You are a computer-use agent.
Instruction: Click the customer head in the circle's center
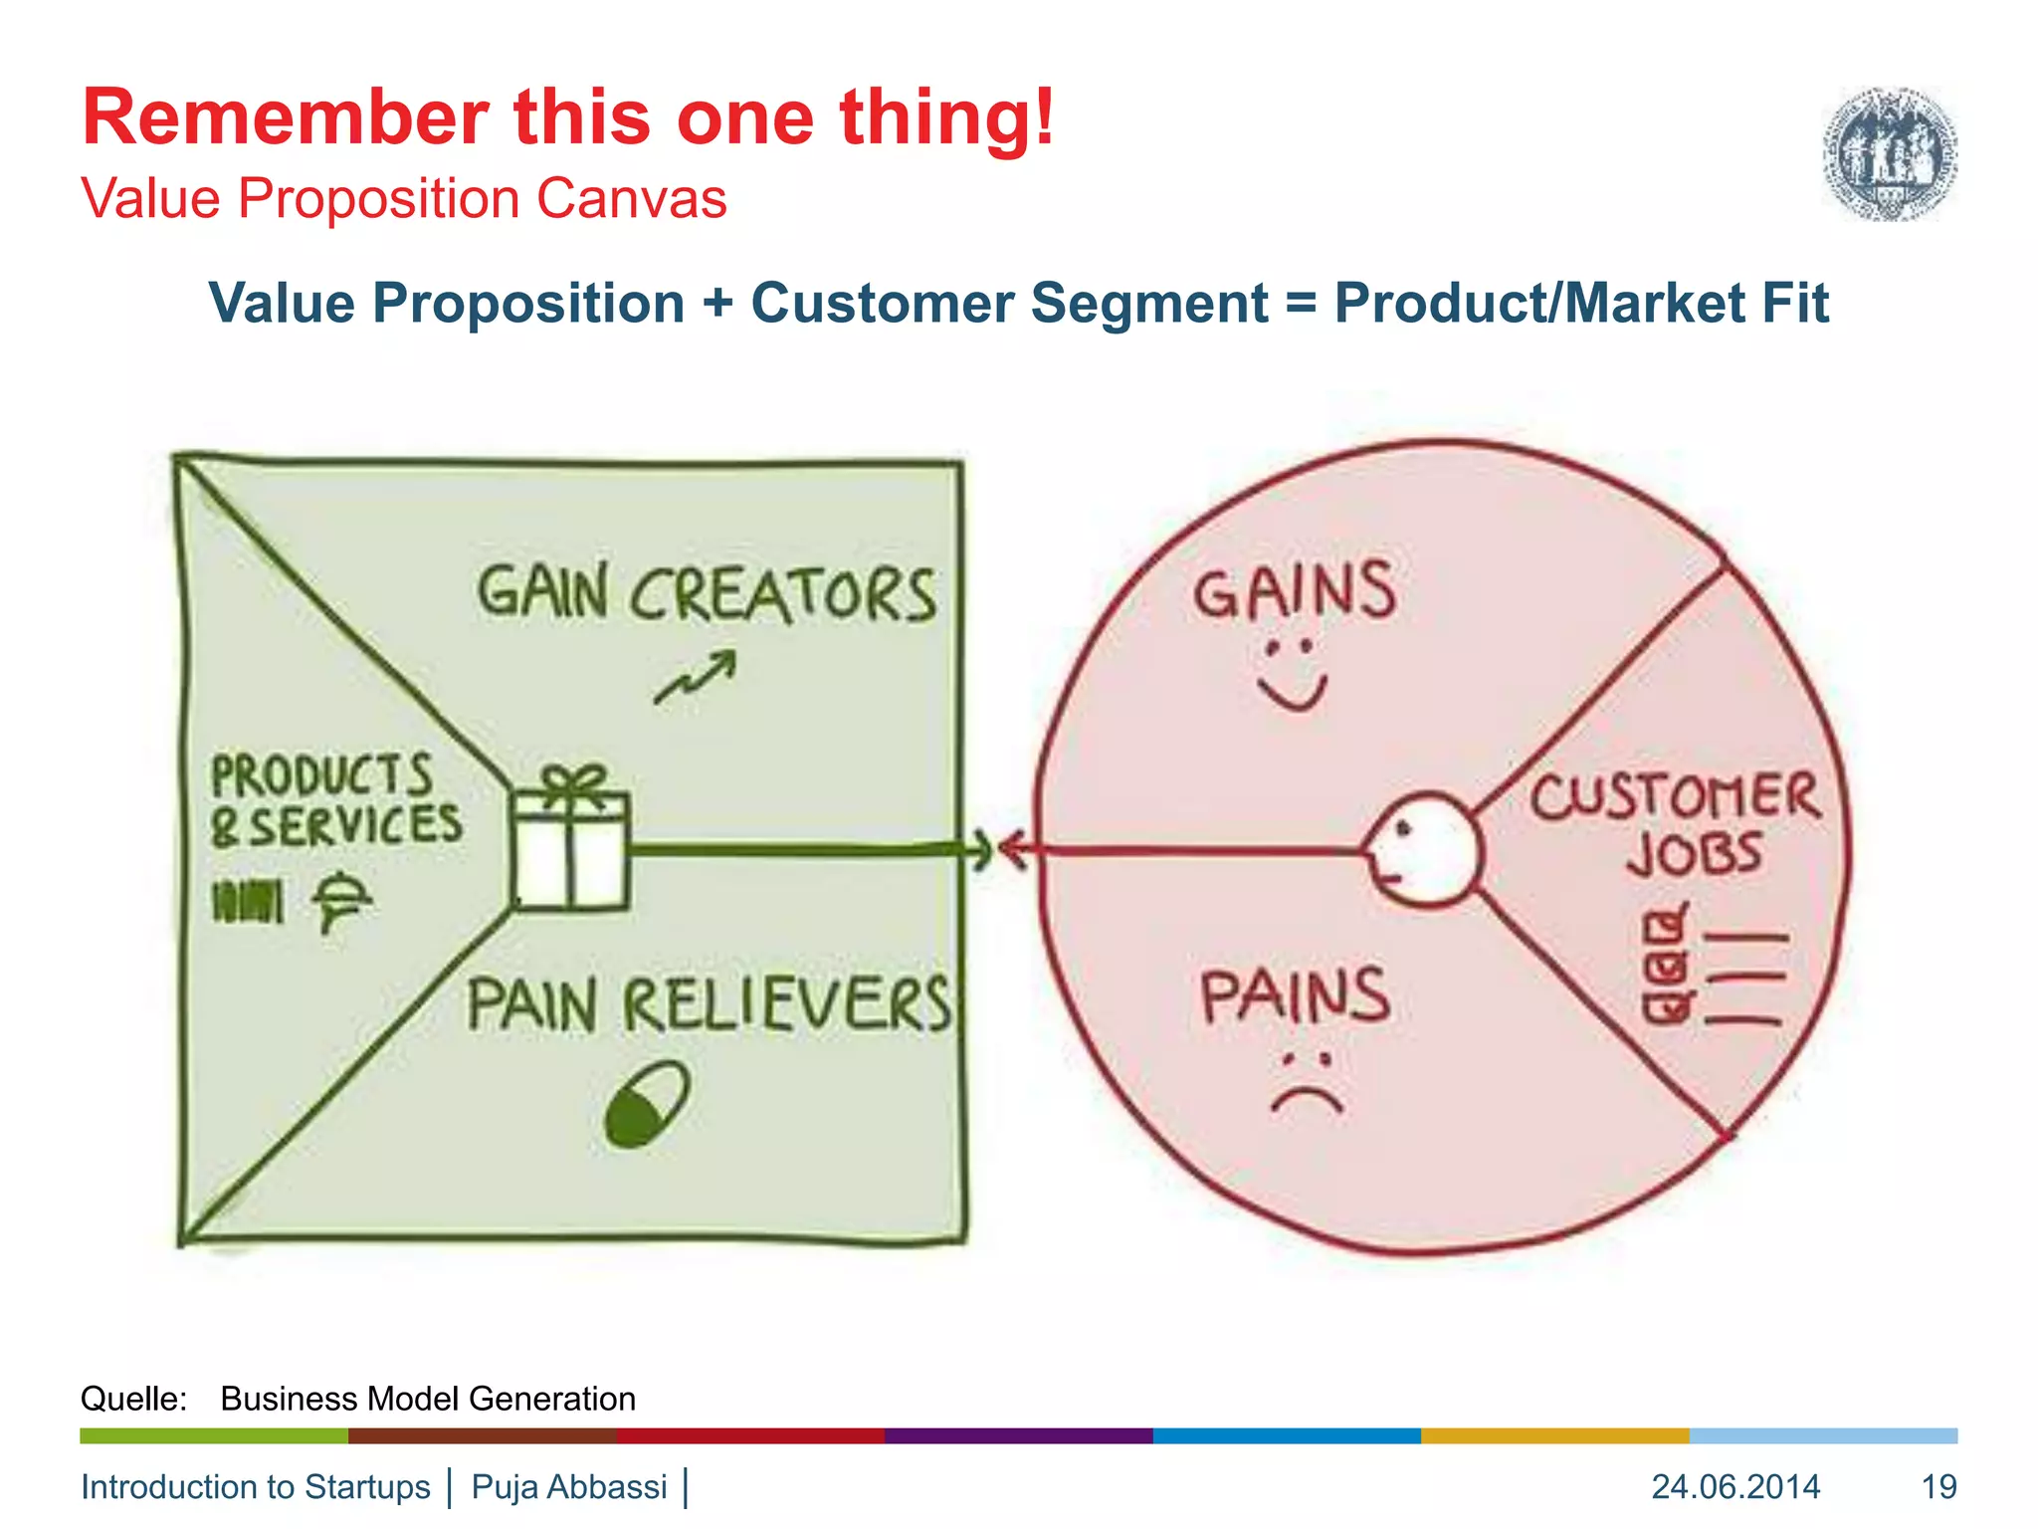[1423, 849]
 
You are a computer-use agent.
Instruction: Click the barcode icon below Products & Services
[248, 901]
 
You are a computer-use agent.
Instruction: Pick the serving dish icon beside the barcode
[341, 900]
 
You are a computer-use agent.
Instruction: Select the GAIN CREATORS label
[707, 594]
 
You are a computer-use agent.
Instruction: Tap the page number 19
[1938, 1486]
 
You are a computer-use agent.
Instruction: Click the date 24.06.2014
[1735, 1486]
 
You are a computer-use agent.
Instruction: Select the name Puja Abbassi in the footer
[569, 1486]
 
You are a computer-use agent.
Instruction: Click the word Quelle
[133, 1399]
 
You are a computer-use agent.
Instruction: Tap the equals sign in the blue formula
[1301, 304]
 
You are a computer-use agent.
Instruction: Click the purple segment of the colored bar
[1018, 1435]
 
